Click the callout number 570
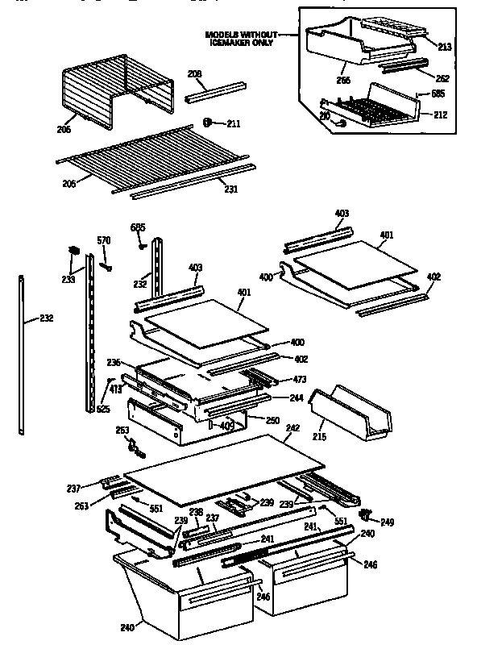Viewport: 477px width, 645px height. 104,240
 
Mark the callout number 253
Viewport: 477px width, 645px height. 122,431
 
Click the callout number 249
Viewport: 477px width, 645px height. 388,522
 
